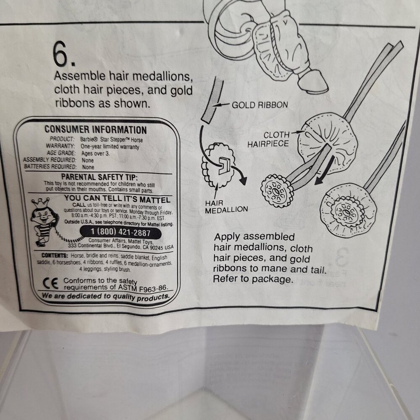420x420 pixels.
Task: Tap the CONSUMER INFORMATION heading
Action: [x=96, y=130]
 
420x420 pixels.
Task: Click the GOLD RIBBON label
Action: [x=260, y=105]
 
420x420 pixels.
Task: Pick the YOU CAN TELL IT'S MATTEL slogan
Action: [x=117, y=199]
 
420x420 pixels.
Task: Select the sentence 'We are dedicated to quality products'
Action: [x=105, y=297]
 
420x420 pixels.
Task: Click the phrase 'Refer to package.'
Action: [x=252, y=278]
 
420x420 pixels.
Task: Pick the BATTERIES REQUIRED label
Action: [x=50, y=167]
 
